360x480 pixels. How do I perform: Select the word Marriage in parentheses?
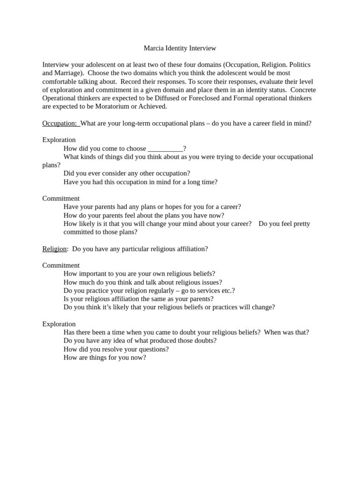click(x=70, y=73)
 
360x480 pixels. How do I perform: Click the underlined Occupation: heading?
click(x=60, y=123)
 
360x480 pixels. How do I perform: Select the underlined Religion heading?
click(x=54, y=249)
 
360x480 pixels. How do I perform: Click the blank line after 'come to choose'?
click(x=165, y=149)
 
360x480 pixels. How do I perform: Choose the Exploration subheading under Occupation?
click(x=59, y=140)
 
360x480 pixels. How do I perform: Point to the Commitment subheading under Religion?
click(x=61, y=265)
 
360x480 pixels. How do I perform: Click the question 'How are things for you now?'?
click(x=105, y=358)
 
